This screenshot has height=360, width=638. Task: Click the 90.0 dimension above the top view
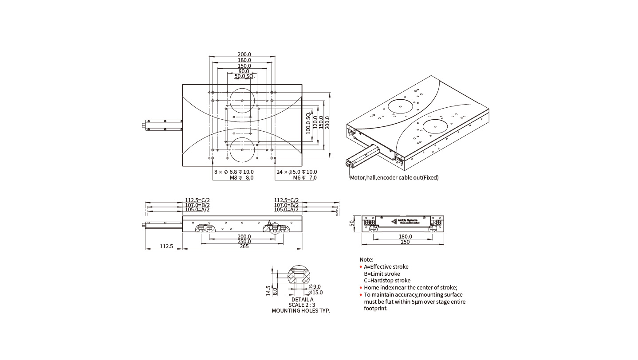pos(244,71)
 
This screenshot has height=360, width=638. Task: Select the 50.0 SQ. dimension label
pos(244,76)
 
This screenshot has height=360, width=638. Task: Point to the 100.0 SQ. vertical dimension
pos(308,124)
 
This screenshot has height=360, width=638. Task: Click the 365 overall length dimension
pos(244,246)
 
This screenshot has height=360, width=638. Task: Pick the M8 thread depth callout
pos(241,178)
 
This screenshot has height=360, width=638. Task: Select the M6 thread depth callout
pos(305,178)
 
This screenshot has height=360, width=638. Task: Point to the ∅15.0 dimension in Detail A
pos(315,293)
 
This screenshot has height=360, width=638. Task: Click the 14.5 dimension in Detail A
pos(268,290)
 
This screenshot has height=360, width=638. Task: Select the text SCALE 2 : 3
pos(302,305)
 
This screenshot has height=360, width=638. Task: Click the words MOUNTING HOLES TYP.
pos(301,311)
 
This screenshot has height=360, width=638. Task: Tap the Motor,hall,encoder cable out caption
pos(394,178)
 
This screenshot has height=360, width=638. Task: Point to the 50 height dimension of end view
pos(352,223)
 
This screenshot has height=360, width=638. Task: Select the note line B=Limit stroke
pos(382,274)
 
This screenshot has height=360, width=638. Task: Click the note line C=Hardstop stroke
pos(387,280)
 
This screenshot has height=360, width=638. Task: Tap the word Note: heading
pos(366,259)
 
